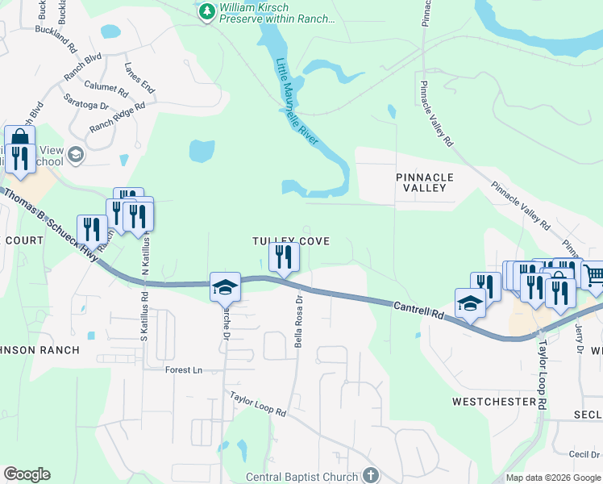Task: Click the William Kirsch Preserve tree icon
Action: point(207,11)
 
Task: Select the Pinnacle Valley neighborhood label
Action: point(425,182)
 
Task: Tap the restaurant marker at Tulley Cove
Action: point(283,258)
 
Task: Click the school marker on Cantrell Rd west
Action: point(226,287)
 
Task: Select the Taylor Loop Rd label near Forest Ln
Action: point(258,404)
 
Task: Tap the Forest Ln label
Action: point(183,370)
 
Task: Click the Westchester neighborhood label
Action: point(493,401)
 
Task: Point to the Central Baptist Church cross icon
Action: point(370,475)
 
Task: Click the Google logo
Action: point(27,474)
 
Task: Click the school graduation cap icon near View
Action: point(76,154)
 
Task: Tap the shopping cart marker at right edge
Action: point(593,275)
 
